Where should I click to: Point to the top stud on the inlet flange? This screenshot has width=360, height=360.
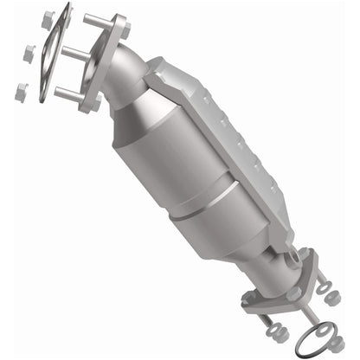point(98,18)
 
